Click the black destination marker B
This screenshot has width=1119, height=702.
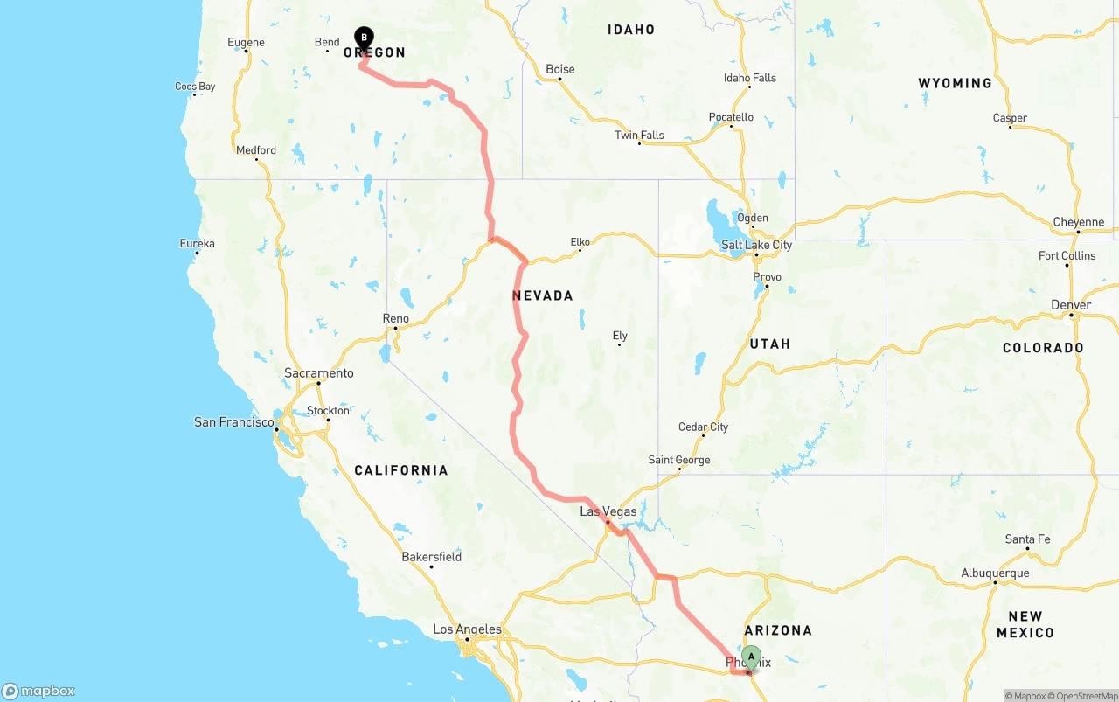(x=364, y=38)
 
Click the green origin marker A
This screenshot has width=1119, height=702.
(x=751, y=657)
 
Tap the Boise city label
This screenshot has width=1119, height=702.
(x=560, y=69)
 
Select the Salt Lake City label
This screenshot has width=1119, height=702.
(x=756, y=245)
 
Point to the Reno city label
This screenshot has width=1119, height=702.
(x=395, y=318)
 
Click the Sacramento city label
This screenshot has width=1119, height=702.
(x=319, y=373)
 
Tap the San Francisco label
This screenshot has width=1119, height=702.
(x=233, y=422)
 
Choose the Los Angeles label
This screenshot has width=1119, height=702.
(x=468, y=629)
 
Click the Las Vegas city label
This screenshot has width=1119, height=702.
(x=608, y=511)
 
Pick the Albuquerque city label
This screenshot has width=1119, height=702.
(x=995, y=573)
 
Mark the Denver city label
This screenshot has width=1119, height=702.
(x=1072, y=305)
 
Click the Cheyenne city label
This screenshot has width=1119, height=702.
(x=1078, y=222)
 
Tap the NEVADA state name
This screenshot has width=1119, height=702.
(x=543, y=296)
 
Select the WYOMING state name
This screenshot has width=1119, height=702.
(x=955, y=83)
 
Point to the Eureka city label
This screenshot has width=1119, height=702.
(x=197, y=243)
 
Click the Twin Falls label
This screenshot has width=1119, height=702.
(x=639, y=136)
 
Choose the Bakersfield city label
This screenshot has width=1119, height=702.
(x=432, y=557)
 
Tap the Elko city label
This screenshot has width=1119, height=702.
(x=580, y=242)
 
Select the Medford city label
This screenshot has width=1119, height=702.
(x=256, y=150)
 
